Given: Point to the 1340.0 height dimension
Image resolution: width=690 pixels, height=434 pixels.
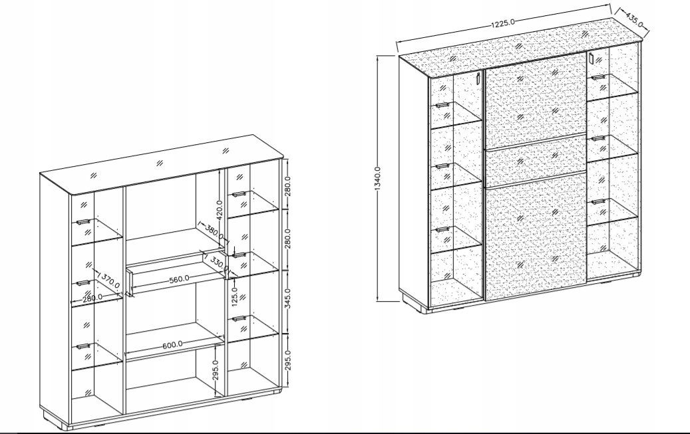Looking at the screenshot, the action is (377, 179).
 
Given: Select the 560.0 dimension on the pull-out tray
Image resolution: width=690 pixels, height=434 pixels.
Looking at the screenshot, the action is (179, 278).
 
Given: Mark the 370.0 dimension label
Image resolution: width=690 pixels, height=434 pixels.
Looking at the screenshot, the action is (110, 280).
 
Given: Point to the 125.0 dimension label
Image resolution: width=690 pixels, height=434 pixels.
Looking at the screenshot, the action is (234, 296).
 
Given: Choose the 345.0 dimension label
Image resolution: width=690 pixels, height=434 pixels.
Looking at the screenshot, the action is (288, 299).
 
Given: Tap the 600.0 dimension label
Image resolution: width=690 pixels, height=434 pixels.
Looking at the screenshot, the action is (172, 345).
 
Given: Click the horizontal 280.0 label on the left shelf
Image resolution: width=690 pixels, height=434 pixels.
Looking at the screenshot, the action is (92, 297).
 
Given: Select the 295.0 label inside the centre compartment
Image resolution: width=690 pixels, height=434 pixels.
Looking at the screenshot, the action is (215, 370).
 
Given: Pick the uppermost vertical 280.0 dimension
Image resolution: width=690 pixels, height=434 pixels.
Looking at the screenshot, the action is (288, 186).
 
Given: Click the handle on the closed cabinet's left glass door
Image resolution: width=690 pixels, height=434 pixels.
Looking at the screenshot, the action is (478, 78).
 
